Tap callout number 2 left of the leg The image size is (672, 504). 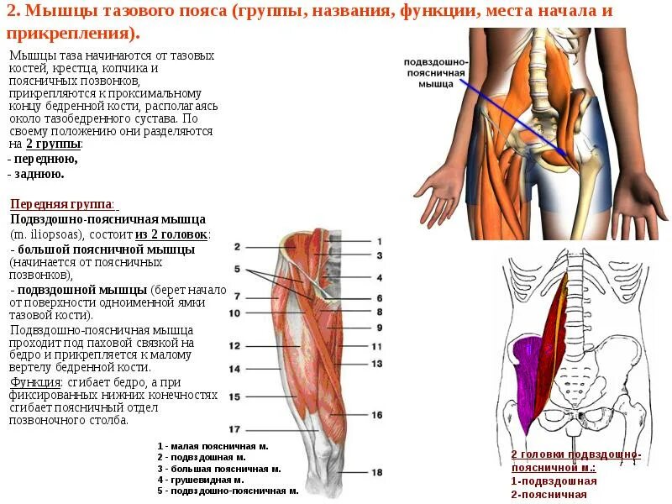pyautogui.click(x=238, y=247)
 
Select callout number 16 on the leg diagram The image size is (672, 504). pyautogui.click(x=377, y=415)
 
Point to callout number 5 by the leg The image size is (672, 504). pyautogui.click(x=238, y=270)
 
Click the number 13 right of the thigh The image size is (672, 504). pyautogui.click(x=377, y=364)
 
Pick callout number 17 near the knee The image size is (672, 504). pyautogui.click(x=235, y=429)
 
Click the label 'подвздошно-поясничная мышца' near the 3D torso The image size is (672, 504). pyautogui.click(x=437, y=74)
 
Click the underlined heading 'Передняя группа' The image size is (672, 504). pyautogui.click(x=62, y=204)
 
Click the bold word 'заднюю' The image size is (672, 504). pyautogui.click(x=39, y=174)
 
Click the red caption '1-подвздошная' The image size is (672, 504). pyautogui.click(x=554, y=481)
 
